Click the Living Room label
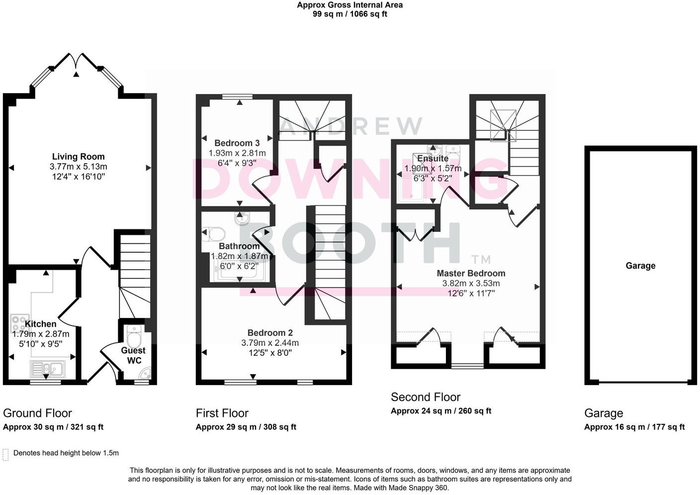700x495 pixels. [x=78, y=157]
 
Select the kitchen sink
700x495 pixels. [x=48, y=369]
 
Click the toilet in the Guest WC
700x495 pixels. [x=134, y=338]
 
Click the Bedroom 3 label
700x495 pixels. [x=237, y=143]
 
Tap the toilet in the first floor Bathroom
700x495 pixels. [x=214, y=234]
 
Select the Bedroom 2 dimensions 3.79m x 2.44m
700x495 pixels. [x=270, y=343]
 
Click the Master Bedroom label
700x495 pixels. [x=471, y=273]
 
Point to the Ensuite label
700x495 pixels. [x=433, y=159]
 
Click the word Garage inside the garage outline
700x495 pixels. [x=640, y=266]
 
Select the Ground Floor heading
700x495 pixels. [x=37, y=413]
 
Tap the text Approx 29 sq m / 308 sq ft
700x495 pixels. [x=246, y=427]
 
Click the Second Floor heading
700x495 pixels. [x=425, y=397]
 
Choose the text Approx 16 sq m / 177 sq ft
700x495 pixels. [x=634, y=427]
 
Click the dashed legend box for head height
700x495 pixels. [x=6, y=454]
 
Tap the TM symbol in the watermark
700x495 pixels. [x=481, y=259]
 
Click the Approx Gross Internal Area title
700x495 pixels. [x=350, y=5]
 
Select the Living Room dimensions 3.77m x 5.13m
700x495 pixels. [x=78, y=167]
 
